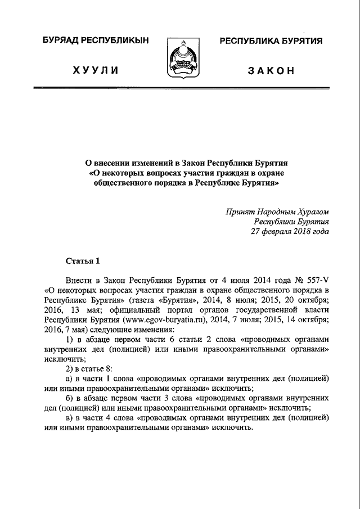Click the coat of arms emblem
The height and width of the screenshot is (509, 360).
[181, 59]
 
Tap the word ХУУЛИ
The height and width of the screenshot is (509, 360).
[95, 70]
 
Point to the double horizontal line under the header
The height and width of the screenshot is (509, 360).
[180, 88]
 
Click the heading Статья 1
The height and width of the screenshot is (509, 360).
[83, 260]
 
